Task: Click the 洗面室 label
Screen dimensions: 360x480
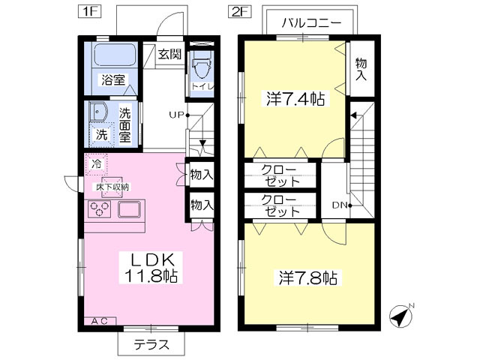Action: [x=124, y=125]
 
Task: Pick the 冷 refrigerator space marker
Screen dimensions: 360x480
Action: [x=97, y=163]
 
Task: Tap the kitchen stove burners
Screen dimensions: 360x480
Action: [x=100, y=209]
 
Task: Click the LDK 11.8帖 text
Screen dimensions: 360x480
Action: [x=151, y=266]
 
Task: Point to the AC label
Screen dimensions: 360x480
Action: [x=100, y=322]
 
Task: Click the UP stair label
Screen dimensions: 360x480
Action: [x=176, y=115]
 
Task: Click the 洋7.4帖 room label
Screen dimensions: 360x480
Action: [x=294, y=97]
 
